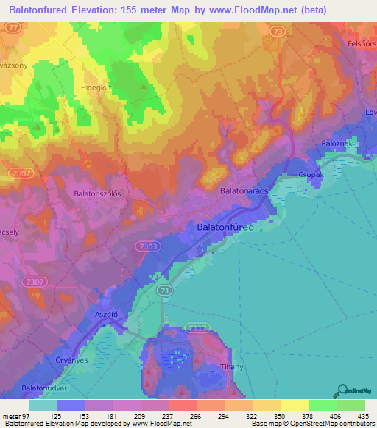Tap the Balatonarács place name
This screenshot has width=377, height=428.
pos(249,190)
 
